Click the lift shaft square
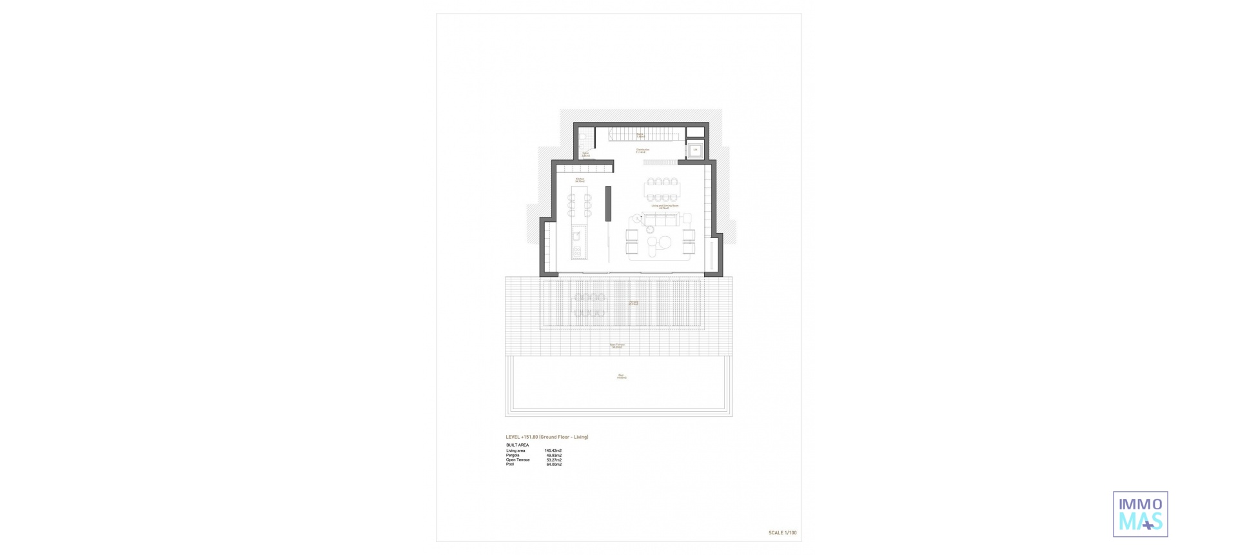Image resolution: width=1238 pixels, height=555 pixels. tap(696, 151)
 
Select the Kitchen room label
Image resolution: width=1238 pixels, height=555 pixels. tap(580, 180)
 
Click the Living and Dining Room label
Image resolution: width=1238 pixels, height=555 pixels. tap(664, 207)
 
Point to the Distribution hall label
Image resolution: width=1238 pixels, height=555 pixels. tap(642, 150)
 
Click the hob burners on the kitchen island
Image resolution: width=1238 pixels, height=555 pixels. tap(126, 251)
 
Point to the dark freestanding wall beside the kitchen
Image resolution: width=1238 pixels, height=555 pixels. tap(157, 203)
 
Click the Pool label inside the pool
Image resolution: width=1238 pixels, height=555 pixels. tap(620, 376)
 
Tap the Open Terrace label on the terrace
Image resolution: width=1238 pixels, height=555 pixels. tap(617, 346)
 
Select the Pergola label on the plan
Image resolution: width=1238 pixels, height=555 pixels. tap(634, 302)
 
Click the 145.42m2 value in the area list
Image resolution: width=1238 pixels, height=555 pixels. tap(553, 450)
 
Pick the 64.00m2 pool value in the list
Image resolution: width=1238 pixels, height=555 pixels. tap(553, 465)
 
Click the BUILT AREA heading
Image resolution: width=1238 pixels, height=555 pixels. tap(517, 445)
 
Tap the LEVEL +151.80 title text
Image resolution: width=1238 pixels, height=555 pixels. tap(547, 437)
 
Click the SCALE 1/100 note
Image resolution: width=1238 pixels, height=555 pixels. tap(782, 533)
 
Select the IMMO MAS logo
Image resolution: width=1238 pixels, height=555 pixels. tap(1140, 514)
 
